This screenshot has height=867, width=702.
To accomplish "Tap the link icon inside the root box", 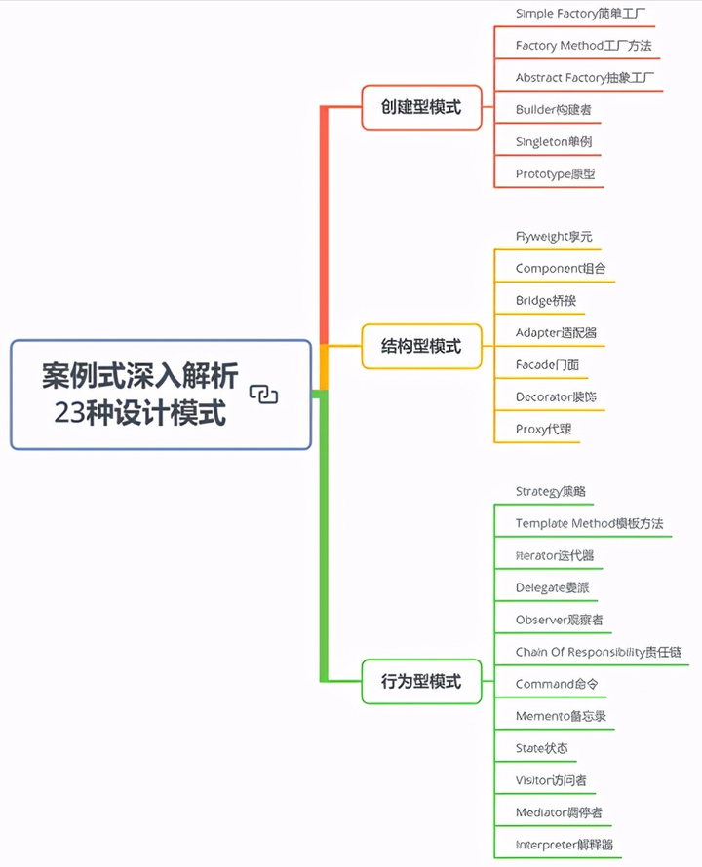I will click(x=264, y=394).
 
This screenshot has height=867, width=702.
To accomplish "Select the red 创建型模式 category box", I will click(x=421, y=107).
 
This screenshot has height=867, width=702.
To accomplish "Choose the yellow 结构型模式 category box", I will click(x=421, y=346).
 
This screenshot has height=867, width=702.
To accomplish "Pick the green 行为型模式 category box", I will click(x=421, y=681).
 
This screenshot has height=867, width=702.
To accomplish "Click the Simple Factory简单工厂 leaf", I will click(x=580, y=14).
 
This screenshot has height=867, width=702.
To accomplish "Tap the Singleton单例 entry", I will click(x=554, y=141).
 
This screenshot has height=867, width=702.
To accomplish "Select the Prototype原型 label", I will click(x=555, y=174).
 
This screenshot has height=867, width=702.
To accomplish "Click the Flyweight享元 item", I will click(x=554, y=236).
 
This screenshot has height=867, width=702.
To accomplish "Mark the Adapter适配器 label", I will click(x=556, y=332).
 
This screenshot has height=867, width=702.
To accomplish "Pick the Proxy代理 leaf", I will click(x=543, y=429).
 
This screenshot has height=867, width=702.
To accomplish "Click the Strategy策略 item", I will click(x=550, y=491).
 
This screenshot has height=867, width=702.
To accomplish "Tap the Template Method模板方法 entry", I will click(x=589, y=523).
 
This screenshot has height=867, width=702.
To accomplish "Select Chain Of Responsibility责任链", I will click(x=598, y=652).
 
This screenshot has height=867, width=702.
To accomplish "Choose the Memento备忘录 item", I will click(x=561, y=716).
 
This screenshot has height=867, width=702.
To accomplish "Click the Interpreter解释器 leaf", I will click(x=565, y=844).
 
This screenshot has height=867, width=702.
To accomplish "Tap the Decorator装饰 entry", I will click(x=556, y=396).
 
